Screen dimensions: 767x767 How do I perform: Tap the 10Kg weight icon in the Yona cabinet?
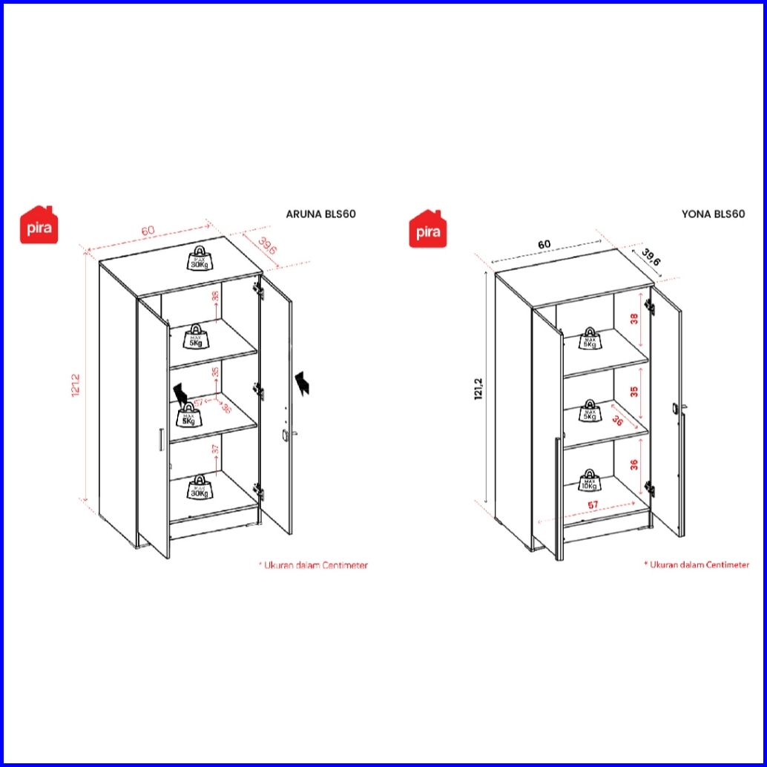[x=590, y=481]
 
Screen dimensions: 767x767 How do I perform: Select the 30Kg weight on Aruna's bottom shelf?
[x=199, y=487]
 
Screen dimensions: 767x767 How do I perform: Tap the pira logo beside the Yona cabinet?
[x=426, y=228]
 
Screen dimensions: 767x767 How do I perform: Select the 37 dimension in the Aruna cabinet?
[x=215, y=450]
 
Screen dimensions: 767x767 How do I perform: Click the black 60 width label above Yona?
[x=544, y=244]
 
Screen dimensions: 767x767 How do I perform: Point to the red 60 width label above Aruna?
[x=148, y=231]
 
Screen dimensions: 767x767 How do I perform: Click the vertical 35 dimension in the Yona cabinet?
[x=634, y=392]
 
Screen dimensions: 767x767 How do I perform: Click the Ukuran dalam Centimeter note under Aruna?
[x=313, y=565]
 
